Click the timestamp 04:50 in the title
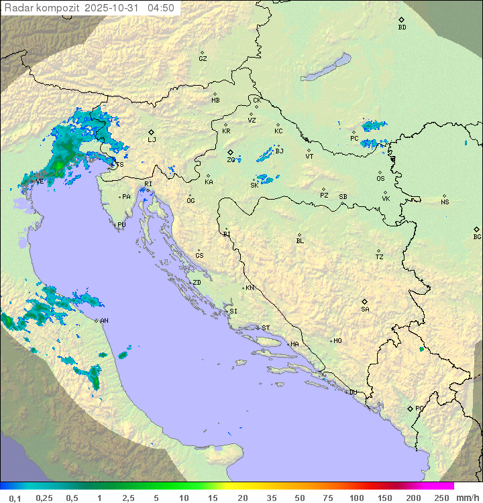point(161,8)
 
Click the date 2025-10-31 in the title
point(115,8)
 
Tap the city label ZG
point(231,160)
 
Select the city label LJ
point(152,139)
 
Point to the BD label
point(402,27)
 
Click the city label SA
point(365,309)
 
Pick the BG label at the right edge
point(477,236)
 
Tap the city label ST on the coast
point(266,328)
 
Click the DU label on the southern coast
point(353,392)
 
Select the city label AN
point(104,321)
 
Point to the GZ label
point(203,58)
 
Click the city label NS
point(445,202)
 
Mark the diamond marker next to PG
point(410,408)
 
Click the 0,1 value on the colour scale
point(15,498)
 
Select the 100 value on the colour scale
point(356,498)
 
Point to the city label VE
point(40,182)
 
